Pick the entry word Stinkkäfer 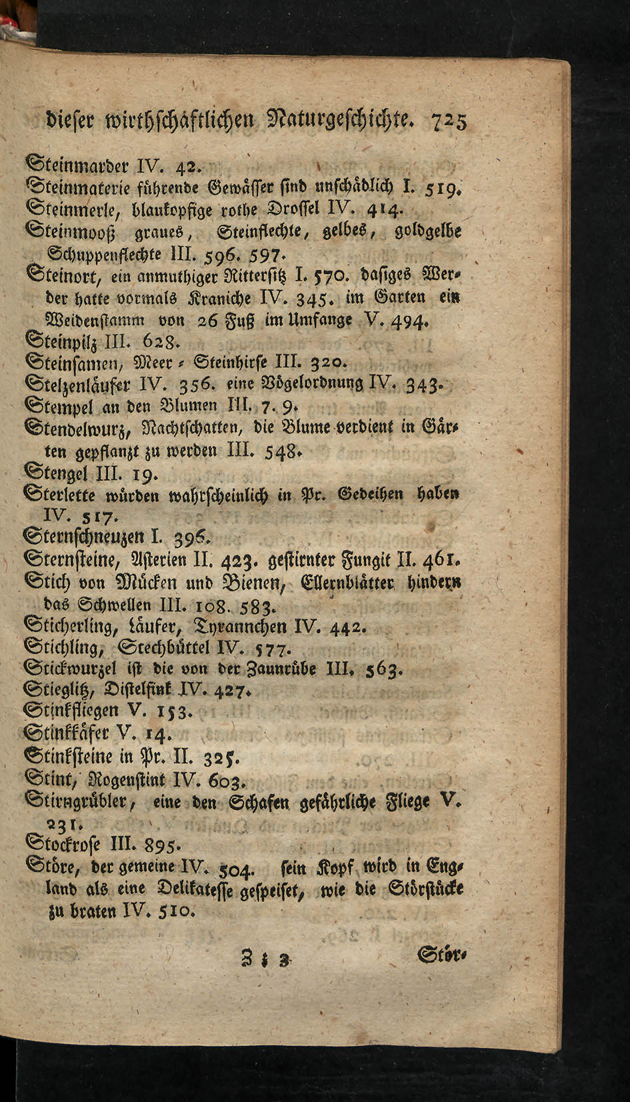pyautogui.click(x=68, y=735)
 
